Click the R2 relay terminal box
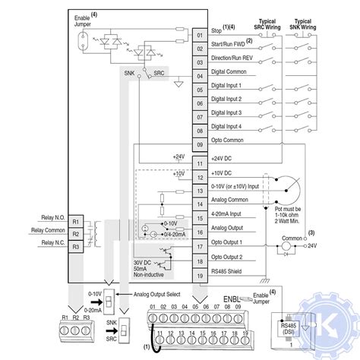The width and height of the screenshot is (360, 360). tap(75, 234)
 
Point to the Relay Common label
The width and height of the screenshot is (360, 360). tap(48, 229)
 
